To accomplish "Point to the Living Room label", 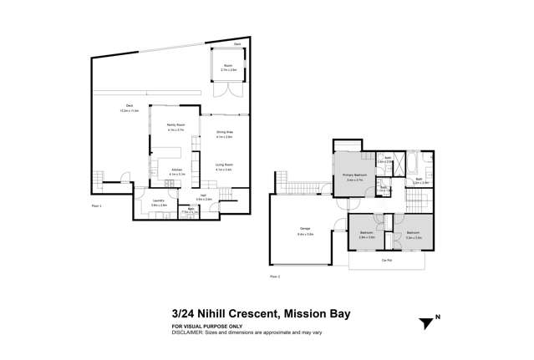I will [x=224, y=165].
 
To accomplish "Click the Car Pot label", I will [x=387, y=261].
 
